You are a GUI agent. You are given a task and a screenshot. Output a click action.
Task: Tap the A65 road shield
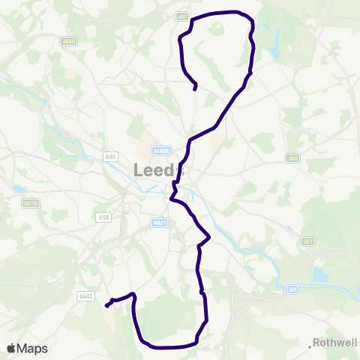(x=110, y=157)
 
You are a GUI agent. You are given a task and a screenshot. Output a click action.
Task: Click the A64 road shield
(x=292, y=158)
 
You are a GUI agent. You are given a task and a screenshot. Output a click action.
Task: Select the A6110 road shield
(x=30, y=202)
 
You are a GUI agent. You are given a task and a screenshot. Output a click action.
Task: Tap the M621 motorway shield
(x=157, y=222)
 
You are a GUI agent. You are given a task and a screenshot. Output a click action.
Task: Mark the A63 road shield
(x=307, y=241)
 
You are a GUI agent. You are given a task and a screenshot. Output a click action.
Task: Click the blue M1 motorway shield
(x=292, y=288)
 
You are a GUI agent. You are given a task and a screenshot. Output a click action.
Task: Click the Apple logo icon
(x=11, y=348)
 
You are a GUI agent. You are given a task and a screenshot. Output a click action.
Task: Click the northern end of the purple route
(x=195, y=89)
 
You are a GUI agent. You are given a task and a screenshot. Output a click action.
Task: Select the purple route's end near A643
(x=106, y=305)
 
